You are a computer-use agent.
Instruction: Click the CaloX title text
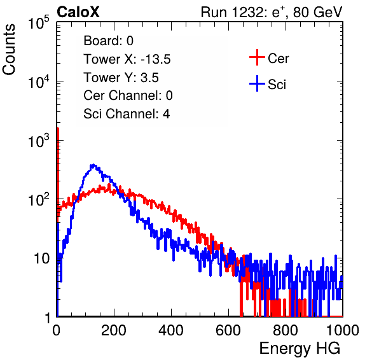pyautogui.click(x=78, y=12)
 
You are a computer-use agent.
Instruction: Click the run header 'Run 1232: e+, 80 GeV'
pyautogui.click(x=272, y=12)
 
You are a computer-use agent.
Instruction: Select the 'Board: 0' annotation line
pyautogui.click(x=108, y=41)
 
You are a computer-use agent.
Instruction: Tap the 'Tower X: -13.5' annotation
pyautogui.click(x=127, y=59)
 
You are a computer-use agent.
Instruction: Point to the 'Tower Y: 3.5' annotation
pyautogui.click(x=121, y=78)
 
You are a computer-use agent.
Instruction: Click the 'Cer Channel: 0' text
pyautogui.click(x=128, y=95)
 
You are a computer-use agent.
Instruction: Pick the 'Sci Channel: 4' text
pyautogui.click(x=127, y=114)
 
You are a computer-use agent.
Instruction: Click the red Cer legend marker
pyautogui.click(x=257, y=57)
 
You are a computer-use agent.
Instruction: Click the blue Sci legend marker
pyautogui.click(x=257, y=83)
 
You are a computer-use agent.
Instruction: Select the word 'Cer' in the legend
pyautogui.click(x=278, y=59)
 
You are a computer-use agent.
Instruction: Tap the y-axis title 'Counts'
pyautogui.click(x=9, y=50)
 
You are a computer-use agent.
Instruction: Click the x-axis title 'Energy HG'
pyautogui.click(x=300, y=348)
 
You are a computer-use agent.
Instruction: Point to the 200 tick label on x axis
pyautogui.click(x=114, y=330)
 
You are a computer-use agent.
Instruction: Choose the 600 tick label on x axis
pyautogui.click(x=228, y=330)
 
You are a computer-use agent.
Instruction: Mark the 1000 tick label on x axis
pyautogui.click(x=343, y=330)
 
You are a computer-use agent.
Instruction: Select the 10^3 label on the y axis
pyautogui.click(x=39, y=141)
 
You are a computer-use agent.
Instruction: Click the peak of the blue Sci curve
pyautogui.click(x=93, y=165)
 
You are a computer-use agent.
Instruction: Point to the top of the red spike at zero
pyautogui.click(x=58, y=128)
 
